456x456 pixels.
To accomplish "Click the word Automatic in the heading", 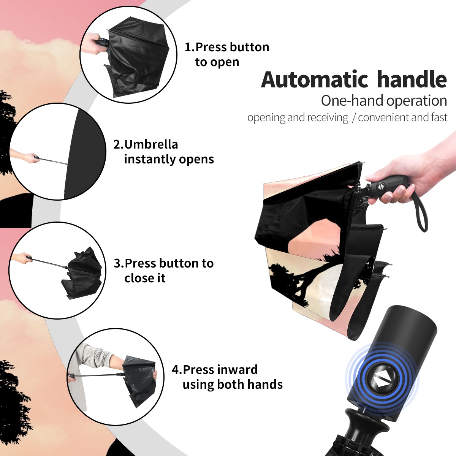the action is (315, 80).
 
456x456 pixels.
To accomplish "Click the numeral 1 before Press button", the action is (187, 47).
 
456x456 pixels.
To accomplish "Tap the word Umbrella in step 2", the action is (151, 144).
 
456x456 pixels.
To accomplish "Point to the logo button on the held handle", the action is (380, 187).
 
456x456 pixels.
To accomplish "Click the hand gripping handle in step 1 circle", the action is (91, 43).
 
